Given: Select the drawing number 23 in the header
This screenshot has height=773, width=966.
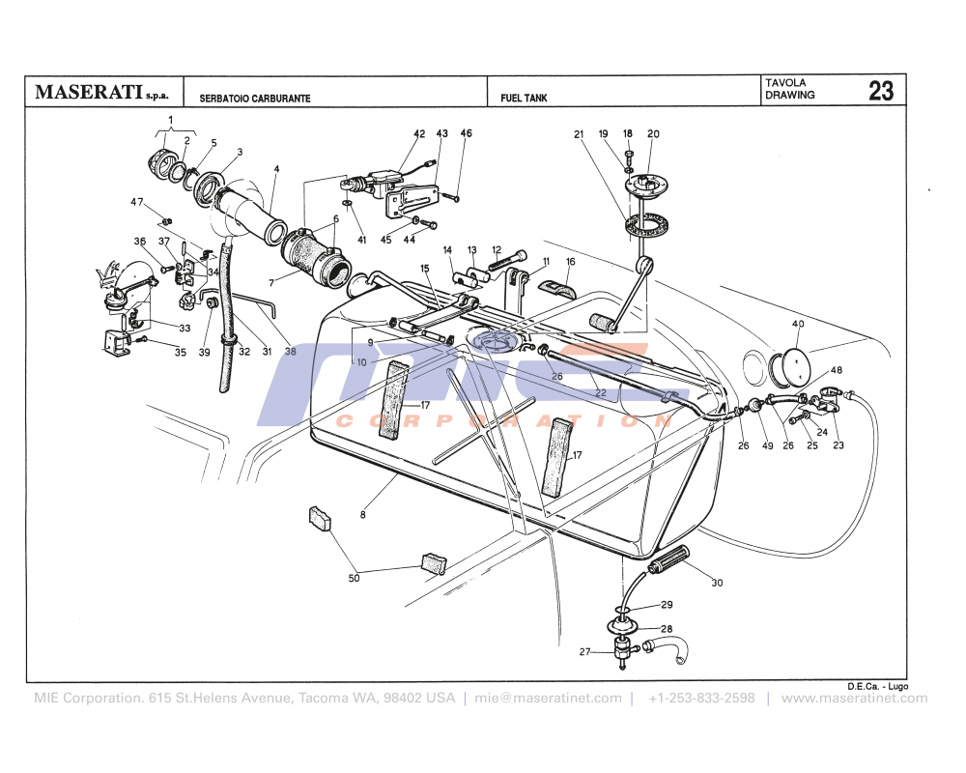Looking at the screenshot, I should [880, 92].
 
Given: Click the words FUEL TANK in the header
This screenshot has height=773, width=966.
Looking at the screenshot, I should [524, 99].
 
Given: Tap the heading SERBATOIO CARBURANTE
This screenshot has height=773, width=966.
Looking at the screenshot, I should [255, 99].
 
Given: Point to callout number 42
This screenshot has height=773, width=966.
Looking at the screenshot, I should [419, 133].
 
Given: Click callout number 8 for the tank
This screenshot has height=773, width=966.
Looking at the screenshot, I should [363, 515].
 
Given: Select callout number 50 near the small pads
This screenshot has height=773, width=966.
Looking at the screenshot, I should [354, 578].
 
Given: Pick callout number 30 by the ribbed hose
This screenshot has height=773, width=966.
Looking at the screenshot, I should [716, 583].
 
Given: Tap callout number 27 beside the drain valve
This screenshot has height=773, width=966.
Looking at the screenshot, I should [584, 652].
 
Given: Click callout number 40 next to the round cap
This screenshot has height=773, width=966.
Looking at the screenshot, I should [798, 324].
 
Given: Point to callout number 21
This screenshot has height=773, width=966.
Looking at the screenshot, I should [581, 133].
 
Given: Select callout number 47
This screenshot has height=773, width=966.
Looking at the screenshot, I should [136, 202].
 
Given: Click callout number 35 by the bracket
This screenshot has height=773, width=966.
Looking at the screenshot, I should [180, 353].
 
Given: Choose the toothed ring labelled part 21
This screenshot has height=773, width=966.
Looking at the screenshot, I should [646, 226].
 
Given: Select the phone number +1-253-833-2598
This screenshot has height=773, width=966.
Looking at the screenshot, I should [701, 698].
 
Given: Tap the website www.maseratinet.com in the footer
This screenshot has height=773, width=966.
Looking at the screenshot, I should [854, 698].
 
